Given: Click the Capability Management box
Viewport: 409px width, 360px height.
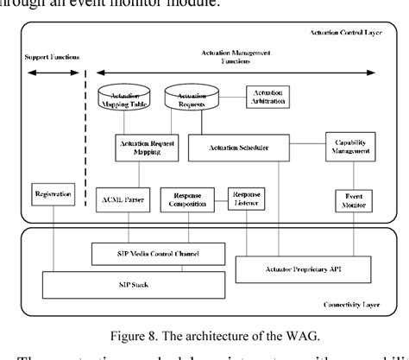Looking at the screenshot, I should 349,146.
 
